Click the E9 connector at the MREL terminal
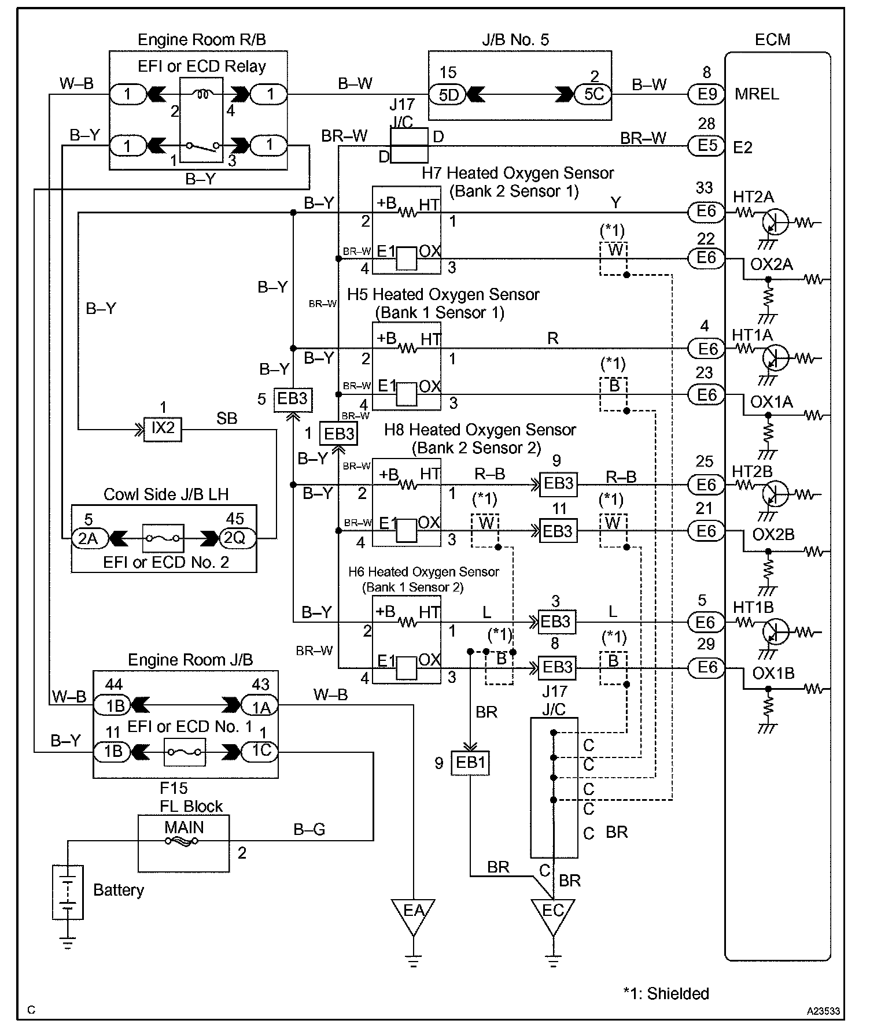coord(706,94)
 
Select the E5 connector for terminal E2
coord(706,145)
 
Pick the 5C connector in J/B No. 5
coord(593,94)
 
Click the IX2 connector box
coord(163,428)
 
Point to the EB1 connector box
coord(471,763)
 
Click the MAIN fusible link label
coord(184,827)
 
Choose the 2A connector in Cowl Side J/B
coord(88,539)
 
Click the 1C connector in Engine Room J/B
coord(260,752)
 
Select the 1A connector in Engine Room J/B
coord(260,706)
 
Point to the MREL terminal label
coord(757,94)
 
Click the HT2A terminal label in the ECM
coord(753,197)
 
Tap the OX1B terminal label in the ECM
coord(773,674)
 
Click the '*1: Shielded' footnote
coord(666,993)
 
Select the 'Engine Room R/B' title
coord(201,40)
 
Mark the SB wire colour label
coord(227,419)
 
